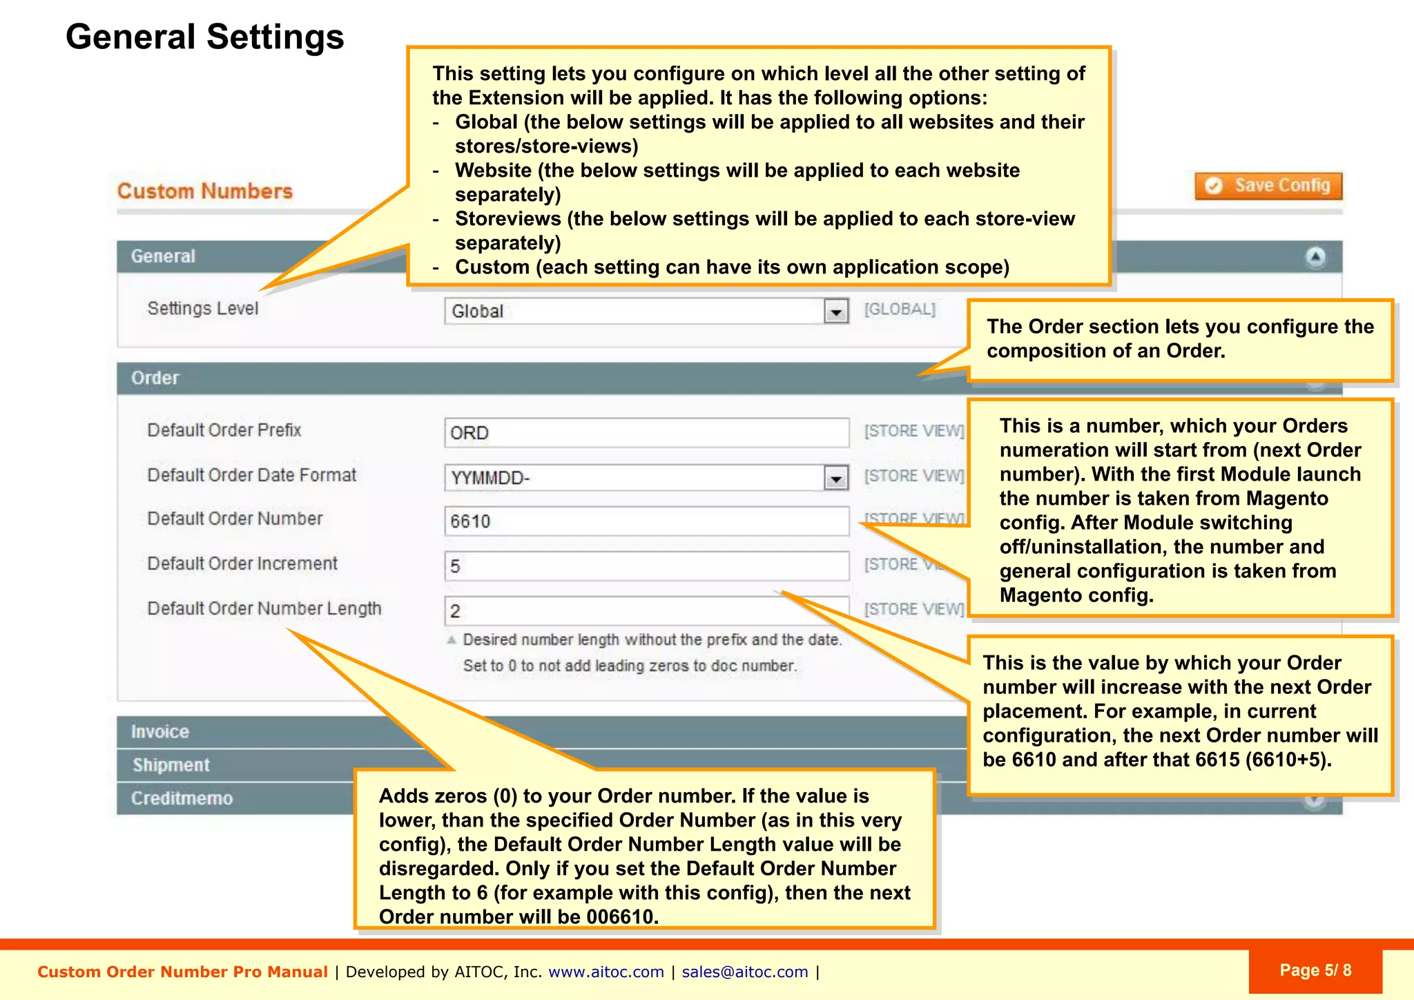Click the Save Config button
(1268, 186)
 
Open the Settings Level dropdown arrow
(835, 311)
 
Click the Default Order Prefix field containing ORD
(646, 433)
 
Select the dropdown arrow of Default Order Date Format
(835, 478)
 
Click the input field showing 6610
(646, 521)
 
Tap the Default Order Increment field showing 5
(646, 566)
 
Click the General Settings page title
(204, 37)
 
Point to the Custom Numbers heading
(204, 191)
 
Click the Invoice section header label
(160, 731)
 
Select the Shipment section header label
(171, 765)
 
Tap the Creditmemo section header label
(182, 798)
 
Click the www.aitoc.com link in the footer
(606, 972)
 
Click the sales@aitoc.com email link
(744, 972)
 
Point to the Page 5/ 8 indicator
(1315, 970)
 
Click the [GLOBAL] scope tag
(900, 309)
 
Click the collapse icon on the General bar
(1315, 257)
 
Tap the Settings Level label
(202, 309)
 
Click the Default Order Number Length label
(264, 608)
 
